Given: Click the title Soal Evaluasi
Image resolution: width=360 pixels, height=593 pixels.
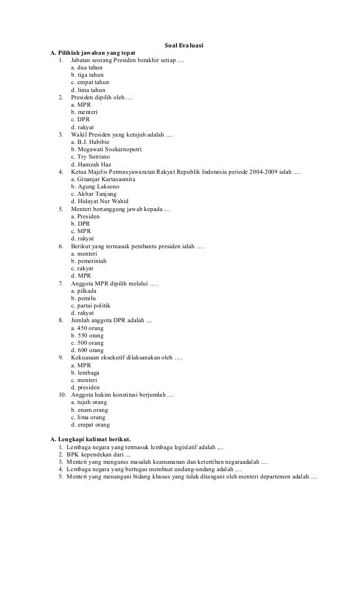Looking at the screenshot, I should pos(183,45).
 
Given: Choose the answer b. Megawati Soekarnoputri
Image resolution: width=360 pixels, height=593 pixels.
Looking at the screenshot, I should pos(106,149).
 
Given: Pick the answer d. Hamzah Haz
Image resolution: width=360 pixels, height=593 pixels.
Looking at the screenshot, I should pos(91,164).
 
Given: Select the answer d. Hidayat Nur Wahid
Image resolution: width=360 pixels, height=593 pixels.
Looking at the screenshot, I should pos(100,201).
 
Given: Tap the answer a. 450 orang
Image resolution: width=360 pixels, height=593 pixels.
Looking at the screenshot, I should pos(87,328).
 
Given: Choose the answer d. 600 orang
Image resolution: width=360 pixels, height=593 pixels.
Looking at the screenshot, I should pos(87,350).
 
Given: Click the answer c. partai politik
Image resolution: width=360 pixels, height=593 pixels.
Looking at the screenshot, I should pos(91,305).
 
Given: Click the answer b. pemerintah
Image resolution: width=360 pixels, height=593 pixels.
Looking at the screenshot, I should pos(89,261).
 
